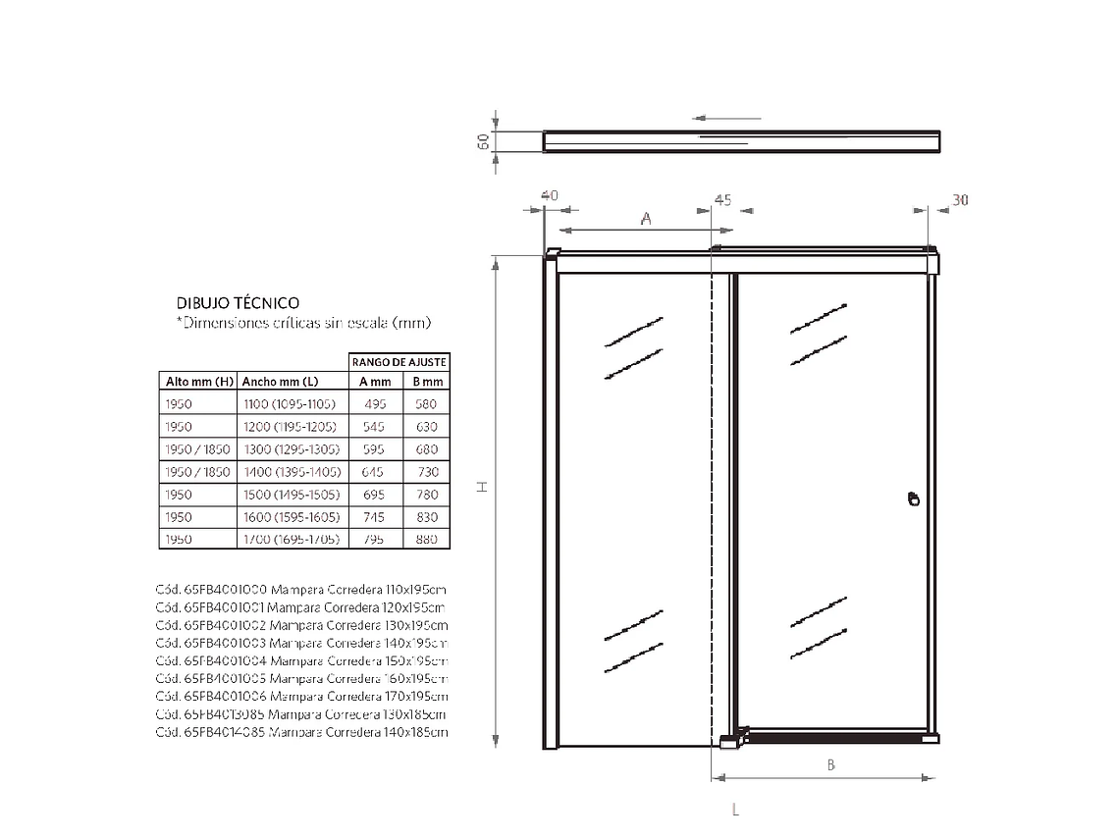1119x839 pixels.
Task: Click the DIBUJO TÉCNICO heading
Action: click(x=238, y=303)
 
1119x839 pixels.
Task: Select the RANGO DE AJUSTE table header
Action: click(x=400, y=362)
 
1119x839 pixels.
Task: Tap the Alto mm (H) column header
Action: click(x=197, y=382)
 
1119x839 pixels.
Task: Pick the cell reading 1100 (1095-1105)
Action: click(x=290, y=404)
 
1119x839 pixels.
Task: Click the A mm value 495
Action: click(x=375, y=404)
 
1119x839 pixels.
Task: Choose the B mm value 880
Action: click(x=426, y=540)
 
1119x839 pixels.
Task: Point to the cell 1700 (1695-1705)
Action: click(x=290, y=540)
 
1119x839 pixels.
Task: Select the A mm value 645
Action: click(x=375, y=472)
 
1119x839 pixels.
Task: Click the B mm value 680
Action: click(x=426, y=449)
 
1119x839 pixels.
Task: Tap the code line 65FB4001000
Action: click(x=300, y=590)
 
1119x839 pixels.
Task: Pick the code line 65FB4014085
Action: click(x=300, y=732)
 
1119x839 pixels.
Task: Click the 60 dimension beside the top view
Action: click(x=483, y=141)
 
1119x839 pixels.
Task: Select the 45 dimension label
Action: click(x=722, y=200)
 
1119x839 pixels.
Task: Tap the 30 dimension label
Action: click(x=960, y=200)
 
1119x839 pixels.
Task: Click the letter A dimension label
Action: click(x=646, y=219)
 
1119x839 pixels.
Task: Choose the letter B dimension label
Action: click(x=830, y=765)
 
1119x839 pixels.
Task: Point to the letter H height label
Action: click(x=483, y=488)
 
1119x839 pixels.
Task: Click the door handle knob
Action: click(x=914, y=499)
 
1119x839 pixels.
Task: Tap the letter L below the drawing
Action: click(x=735, y=810)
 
